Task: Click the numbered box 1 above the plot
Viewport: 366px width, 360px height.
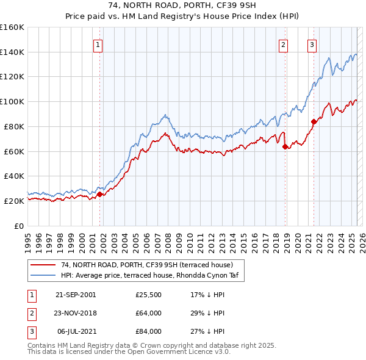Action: (98, 44)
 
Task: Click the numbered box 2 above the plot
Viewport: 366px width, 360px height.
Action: (284, 44)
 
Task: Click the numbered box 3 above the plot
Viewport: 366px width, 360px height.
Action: (312, 44)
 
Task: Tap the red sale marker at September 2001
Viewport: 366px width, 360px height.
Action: (100, 194)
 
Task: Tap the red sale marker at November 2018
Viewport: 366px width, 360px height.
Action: (285, 146)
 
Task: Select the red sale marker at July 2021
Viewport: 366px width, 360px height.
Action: (314, 121)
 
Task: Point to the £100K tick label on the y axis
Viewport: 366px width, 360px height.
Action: (13, 101)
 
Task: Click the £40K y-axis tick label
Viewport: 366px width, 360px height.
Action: (15, 176)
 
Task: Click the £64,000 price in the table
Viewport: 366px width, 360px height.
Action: (148, 314)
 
